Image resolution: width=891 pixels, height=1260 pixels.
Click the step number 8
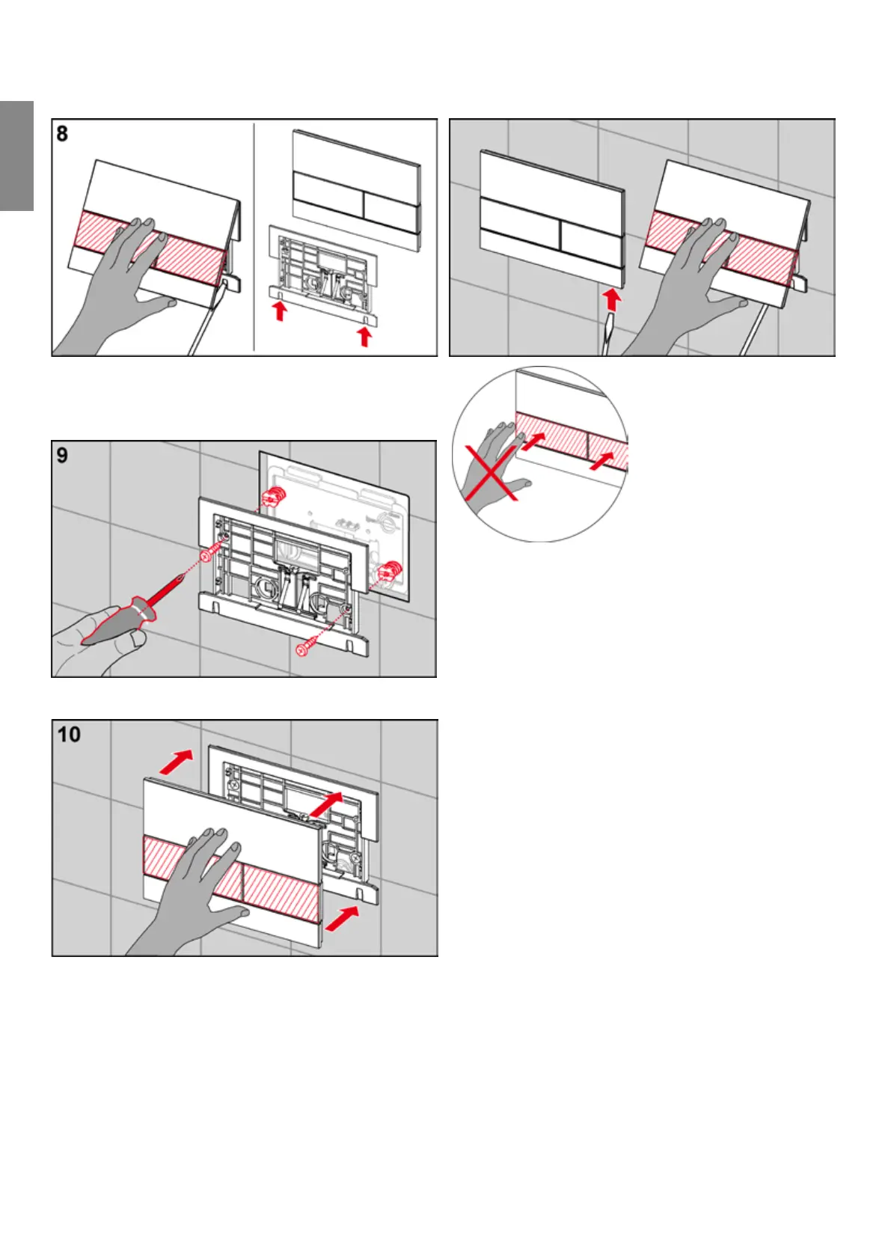[x=62, y=134]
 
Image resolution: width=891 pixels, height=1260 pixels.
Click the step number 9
[x=62, y=455]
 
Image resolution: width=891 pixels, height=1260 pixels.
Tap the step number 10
[x=69, y=734]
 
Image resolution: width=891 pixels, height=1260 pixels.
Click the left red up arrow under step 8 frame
[x=280, y=311]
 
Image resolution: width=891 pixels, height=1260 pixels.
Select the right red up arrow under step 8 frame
[x=364, y=336]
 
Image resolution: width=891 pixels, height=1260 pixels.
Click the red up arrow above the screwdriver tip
[x=612, y=299]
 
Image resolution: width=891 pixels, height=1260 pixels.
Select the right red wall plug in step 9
[x=391, y=572]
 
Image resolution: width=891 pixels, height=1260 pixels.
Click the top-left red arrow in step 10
[x=176, y=763]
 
